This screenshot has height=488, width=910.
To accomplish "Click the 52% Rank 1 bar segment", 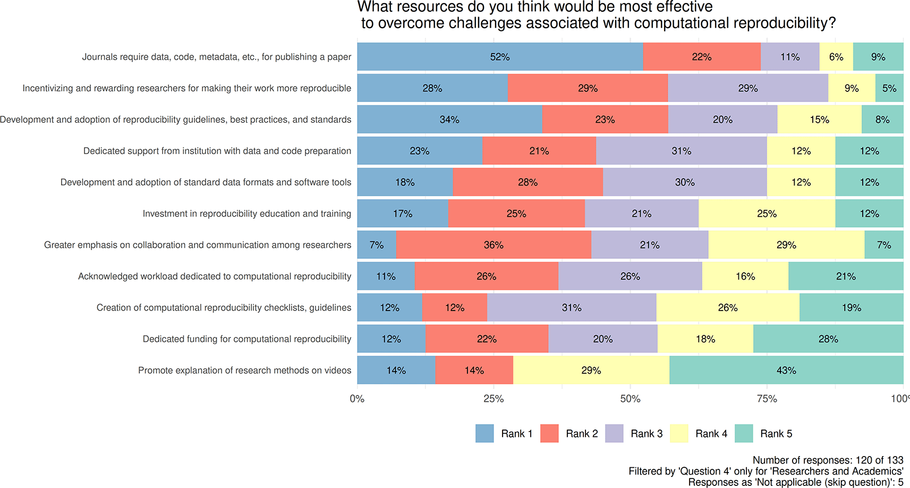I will pyautogui.click(x=499, y=57).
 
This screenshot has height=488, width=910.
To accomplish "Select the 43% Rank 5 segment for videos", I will pyautogui.click(x=786, y=370).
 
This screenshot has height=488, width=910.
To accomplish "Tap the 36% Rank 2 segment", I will pyautogui.click(x=494, y=245).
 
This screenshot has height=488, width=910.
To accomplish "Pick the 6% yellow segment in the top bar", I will pyautogui.click(x=836, y=57).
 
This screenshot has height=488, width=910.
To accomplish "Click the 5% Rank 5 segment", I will pyautogui.click(x=889, y=88).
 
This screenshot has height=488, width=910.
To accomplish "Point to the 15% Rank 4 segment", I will pyautogui.click(x=819, y=120).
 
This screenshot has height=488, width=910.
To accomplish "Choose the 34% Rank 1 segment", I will pyautogui.click(x=449, y=120).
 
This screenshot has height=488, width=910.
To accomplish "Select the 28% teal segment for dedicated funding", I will pyautogui.click(x=828, y=339).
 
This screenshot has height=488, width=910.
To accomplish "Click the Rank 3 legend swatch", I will pyautogui.click(x=614, y=433).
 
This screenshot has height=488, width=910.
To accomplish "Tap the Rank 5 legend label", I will pyautogui.click(x=776, y=434).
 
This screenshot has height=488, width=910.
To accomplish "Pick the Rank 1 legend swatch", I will pyautogui.click(x=484, y=433).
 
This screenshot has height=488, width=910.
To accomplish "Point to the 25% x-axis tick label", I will pyautogui.click(x=494, y=399).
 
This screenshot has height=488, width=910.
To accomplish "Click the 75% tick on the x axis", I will pyautogui.click(x=767, y=399).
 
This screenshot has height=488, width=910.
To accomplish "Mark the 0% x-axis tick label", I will pyautogui.click(x=357, y=399).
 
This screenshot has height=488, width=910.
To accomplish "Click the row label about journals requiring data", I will pyautogui.click(x=216, y=57).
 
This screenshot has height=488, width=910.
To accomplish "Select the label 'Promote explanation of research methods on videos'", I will pyautogui.click(x=244, y=371).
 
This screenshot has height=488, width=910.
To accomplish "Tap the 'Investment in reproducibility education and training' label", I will pyautogui.click(x=246, y=214).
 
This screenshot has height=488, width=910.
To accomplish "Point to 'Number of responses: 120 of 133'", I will pyautogui.click(x=828, y=460).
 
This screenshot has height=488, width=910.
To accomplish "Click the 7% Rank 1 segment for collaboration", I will pyautogui.click(x=377, y=245).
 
